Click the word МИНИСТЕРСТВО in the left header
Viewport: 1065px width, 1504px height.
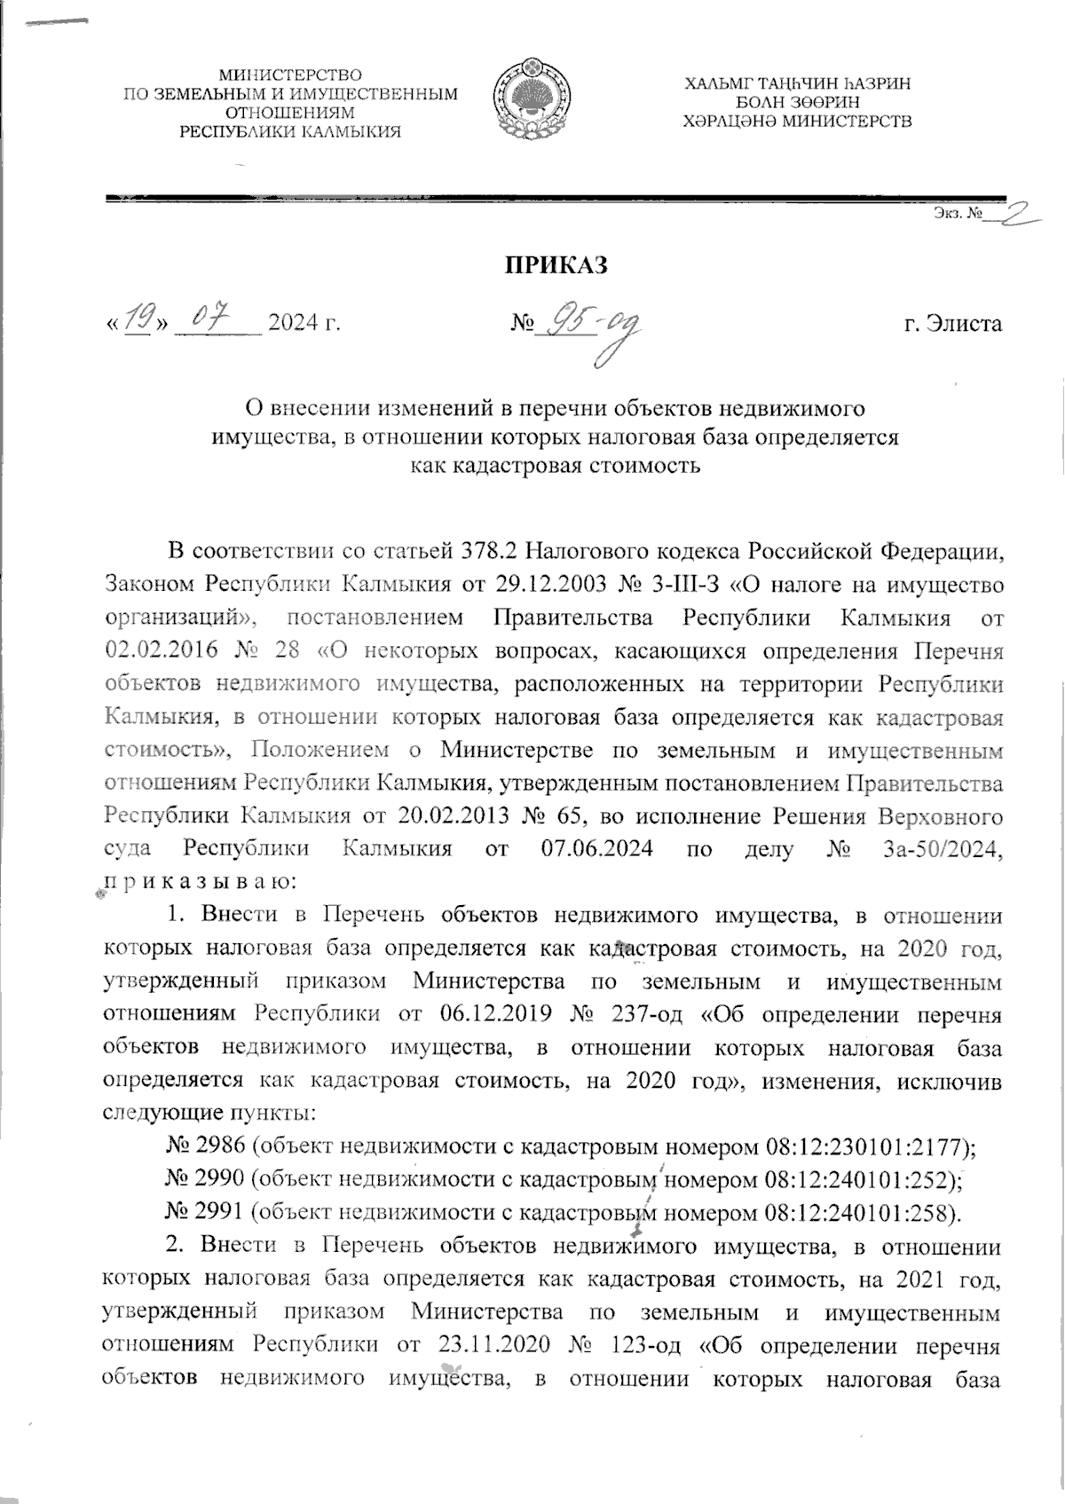[291, 75]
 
